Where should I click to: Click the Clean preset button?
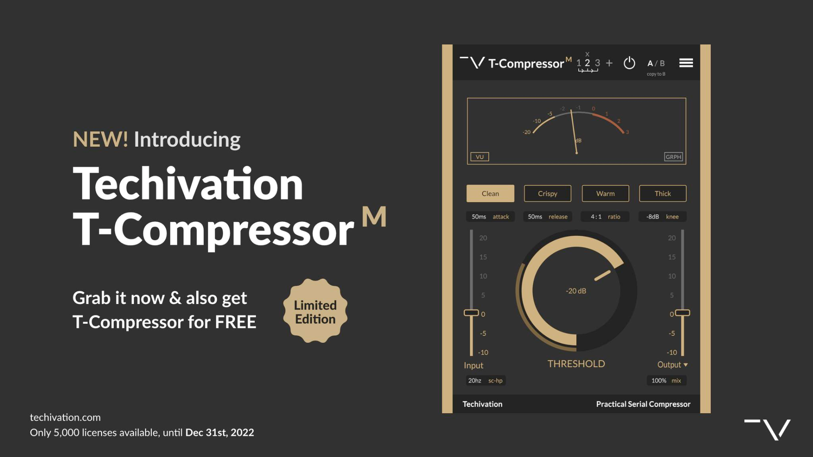point(490,193)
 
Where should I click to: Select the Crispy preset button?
point(548,193)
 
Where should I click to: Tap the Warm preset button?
point(605,193)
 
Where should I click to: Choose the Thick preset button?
point(663,193)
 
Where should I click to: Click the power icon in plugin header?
point(629,63)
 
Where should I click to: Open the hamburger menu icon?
point(686,63)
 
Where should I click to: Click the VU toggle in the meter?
point(480,157)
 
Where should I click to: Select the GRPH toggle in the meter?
point(673,157)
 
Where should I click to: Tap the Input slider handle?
point(471,313)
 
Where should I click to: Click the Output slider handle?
point(683,313)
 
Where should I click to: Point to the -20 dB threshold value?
point(576,291)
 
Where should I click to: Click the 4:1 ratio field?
point(605,217)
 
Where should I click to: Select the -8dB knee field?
point(662,217)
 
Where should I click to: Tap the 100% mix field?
point(666,380)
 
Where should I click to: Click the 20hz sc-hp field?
point(485,380)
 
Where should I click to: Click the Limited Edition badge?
point(315,311)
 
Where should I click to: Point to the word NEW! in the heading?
point(100,140)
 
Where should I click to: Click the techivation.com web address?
point(65,417)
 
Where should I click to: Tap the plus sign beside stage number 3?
point(609,63)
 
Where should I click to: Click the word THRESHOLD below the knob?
point(576,364)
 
